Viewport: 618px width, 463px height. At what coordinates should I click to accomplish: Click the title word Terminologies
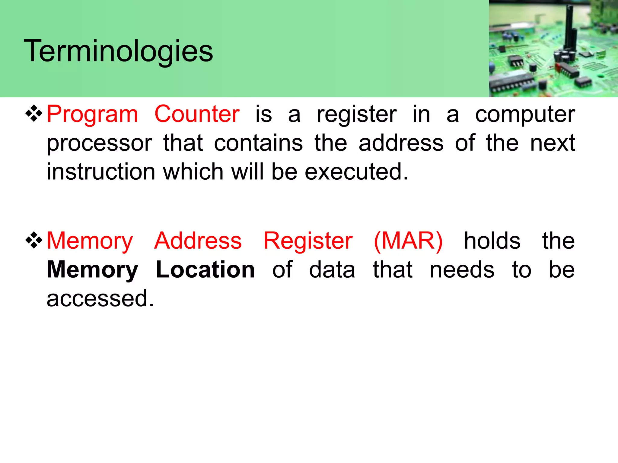(x=118, y=51)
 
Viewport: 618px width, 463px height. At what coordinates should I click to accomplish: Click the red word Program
(x=92, y=115)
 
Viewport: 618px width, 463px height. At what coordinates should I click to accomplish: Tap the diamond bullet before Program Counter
(x=34, y=114)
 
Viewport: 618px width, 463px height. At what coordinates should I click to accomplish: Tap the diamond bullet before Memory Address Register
(x=34, y=240)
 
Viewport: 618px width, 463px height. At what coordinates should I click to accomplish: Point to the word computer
(x=525, y=115)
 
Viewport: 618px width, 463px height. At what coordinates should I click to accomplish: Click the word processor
(x=99, y=143)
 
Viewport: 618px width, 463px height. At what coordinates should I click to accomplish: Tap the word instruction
(x=101, y=172)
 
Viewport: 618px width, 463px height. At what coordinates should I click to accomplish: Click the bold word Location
(x=205, y=269)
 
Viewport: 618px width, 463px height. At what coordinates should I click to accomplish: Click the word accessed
(x=100, y=298)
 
